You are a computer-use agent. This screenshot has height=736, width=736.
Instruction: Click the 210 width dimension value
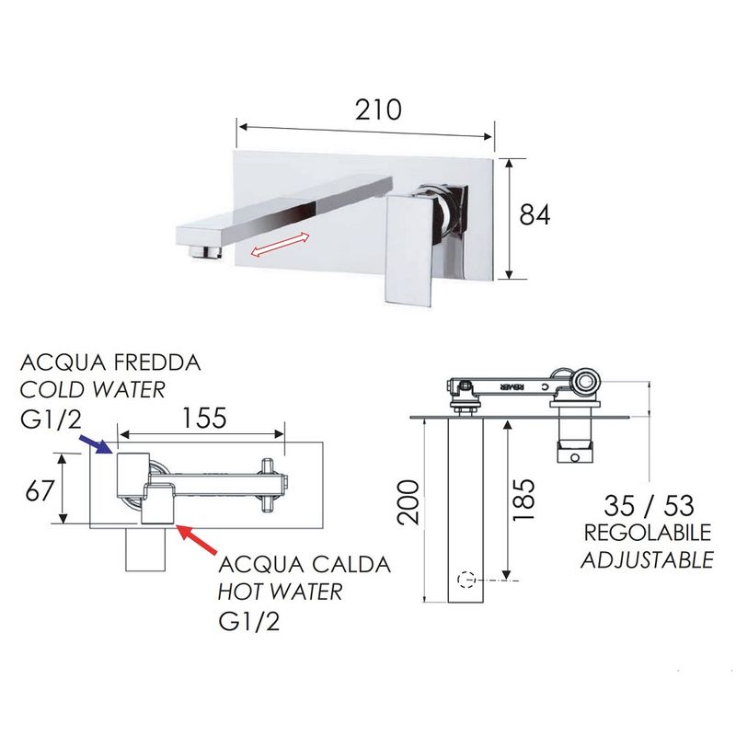[x=378, y=109]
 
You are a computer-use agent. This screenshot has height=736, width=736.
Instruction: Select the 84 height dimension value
[x=535, y=214]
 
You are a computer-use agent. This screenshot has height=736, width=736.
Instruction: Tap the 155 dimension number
[x=204, y=418]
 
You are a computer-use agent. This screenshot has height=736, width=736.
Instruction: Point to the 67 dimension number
[x=40, y=491]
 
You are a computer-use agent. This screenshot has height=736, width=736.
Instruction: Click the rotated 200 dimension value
[x=408, y=502]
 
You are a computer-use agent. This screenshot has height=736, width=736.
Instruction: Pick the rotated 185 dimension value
[x=523, y=500]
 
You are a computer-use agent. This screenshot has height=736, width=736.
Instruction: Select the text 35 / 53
[x=649, y=505]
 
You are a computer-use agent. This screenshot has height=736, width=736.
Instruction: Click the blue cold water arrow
[x=96, y=444]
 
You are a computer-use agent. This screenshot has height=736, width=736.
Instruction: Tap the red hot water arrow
[x=197, y=539]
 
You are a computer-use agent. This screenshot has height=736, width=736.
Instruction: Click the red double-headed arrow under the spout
[x=281, y=245]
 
